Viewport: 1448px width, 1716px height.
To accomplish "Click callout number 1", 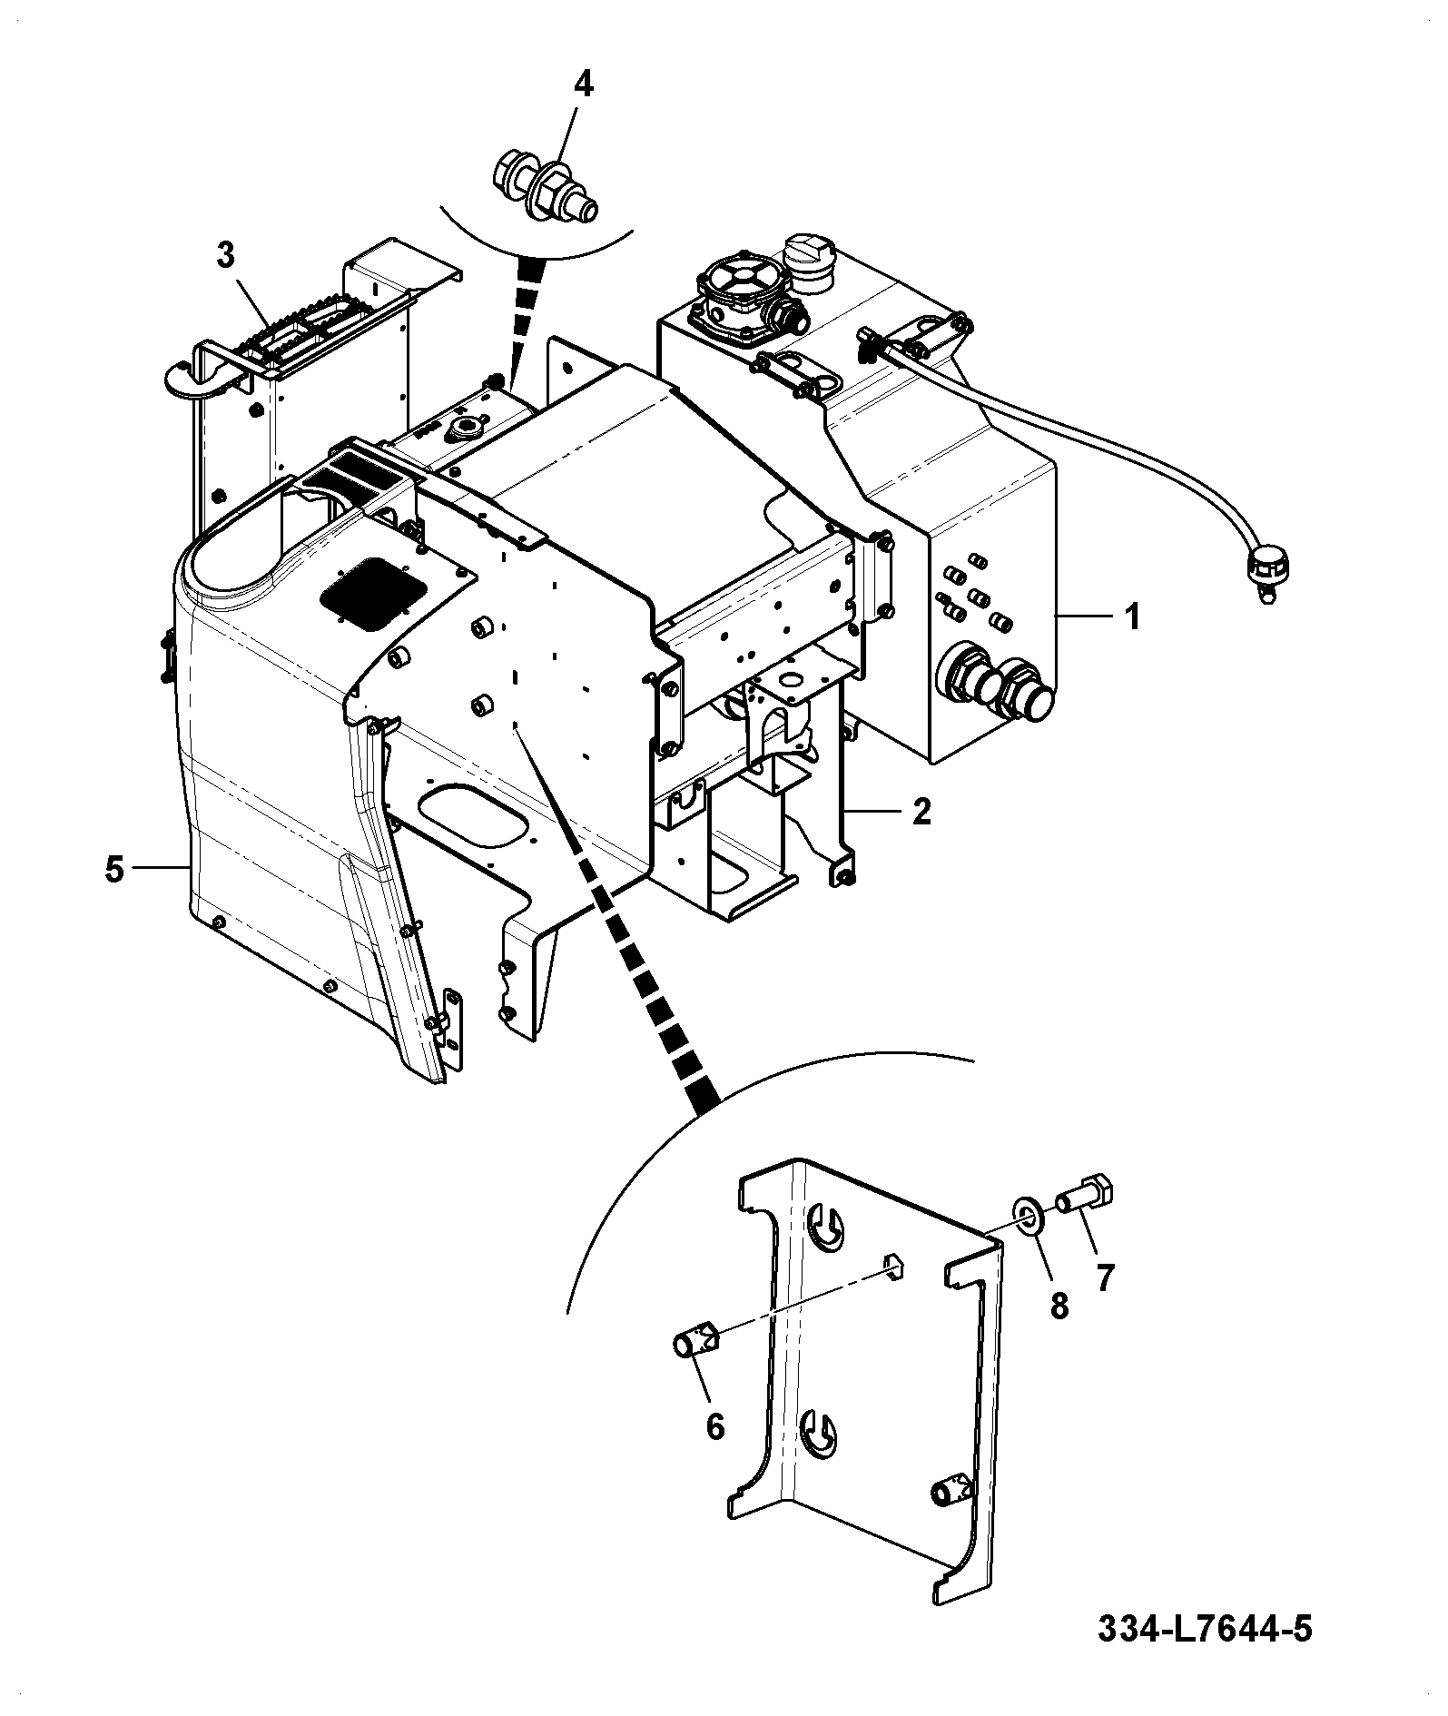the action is coord(1132,617).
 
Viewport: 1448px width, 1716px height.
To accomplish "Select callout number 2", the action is coord(921,811).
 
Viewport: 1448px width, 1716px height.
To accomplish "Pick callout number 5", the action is coord(113,869).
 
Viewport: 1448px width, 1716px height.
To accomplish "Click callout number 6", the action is coord(715,1426).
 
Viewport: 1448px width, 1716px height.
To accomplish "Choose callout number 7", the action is coord(1104,1278).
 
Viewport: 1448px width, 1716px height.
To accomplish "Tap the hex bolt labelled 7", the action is coord(1088,1193).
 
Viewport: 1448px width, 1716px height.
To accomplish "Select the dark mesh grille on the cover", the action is coord(372,594).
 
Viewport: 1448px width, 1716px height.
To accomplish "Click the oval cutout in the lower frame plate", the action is coord(474,817).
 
